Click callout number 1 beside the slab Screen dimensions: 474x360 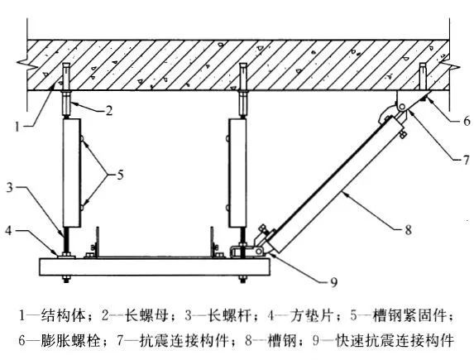tap(17, 126)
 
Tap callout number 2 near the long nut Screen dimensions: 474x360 tap(109, 110)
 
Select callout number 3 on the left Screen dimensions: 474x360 tap(10, 187)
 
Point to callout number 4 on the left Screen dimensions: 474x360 tap(9, 231)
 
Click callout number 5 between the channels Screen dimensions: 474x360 tap(120, 175)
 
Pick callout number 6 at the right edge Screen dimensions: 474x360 tap(467, 121)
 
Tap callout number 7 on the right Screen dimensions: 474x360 tap(466, 160)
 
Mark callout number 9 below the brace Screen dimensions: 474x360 tap(333, 282)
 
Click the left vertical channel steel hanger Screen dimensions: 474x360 tap(72, 172)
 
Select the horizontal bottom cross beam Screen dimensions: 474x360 tap(155, 266)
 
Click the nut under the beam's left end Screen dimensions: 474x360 tap(66, 278)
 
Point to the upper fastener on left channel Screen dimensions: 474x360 tap(83, 139)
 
